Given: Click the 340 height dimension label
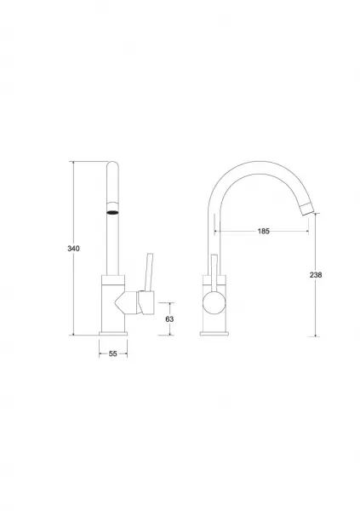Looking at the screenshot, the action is [x=73, y=249].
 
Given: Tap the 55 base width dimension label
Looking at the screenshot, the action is [x=112, y=353].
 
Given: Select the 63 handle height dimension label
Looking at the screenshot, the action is [x=169, y=319].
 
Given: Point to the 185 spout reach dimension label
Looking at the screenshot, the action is [x=264, y=231].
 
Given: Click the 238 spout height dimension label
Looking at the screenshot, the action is [x=316, y=275].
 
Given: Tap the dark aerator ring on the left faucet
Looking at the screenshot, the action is [x=112, y=213].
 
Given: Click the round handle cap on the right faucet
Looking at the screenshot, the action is [x=214, y=302].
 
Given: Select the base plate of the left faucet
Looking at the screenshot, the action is [x=113, y=333].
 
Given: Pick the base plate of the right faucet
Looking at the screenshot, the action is [x=214, y=333].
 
